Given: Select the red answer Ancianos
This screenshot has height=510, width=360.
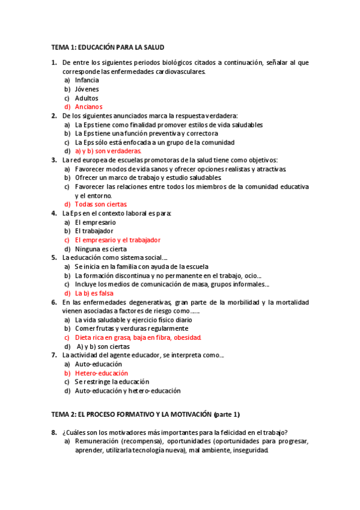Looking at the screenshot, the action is pos(88,107).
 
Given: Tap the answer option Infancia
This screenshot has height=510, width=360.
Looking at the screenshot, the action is pos(87,80).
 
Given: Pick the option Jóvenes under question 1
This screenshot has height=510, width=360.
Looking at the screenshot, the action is pos(87,89).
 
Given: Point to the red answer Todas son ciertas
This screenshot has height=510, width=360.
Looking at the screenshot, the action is pos(101,204).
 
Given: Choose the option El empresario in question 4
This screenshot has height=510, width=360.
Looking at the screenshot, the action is pos(96,222).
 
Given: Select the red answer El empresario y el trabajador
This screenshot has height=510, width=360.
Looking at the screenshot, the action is pos(117,240).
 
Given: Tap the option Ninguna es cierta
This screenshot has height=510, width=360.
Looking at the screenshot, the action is pos(101,249).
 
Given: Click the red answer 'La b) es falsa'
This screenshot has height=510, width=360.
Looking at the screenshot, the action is pos(95,293).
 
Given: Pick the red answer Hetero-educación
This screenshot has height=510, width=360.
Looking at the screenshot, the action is pos(102,373).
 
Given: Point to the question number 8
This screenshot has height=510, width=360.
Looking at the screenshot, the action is pos(53,432).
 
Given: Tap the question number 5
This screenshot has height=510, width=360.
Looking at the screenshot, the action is pos(53,257).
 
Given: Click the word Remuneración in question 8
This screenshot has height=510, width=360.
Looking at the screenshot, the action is pos(96,441).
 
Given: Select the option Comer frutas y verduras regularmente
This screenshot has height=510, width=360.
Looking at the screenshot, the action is pos(132,328).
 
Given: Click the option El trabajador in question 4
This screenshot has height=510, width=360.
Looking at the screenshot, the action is pos(94,231).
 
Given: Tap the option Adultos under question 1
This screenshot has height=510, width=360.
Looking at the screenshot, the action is pos(87,98).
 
